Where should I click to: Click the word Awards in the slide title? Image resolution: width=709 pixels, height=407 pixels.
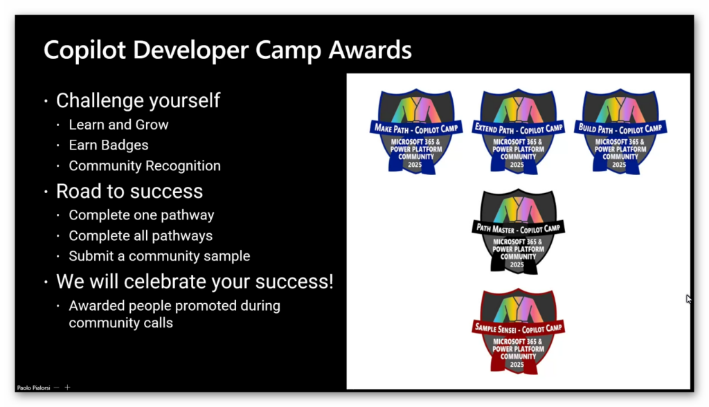click(x=370, y=50)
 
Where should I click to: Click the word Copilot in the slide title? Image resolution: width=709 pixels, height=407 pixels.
click(x=84, y=50)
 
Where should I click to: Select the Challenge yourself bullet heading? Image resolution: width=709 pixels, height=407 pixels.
click(x=138, y=100)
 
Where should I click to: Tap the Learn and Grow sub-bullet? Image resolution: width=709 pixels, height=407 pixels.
click(x=118, y=125)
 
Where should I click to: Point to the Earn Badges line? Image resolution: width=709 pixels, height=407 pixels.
click(x=109, y=145)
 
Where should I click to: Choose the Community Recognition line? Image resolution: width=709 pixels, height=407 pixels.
click(x=145, y=165)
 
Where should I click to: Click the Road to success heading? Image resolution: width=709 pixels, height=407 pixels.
click(x=129, y=191)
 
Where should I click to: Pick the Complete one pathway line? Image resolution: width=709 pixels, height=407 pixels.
click(x=141, y=215)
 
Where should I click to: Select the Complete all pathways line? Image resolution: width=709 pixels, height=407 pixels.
click(x=141, y=235)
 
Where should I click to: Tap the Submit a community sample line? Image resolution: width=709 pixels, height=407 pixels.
click(x=159, y=256)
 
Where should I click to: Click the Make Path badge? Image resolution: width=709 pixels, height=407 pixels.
click(x=416, y=131)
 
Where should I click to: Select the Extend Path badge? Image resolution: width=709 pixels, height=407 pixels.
click(x=518, y=131)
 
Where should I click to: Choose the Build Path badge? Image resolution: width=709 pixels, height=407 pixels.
click(x=620, y=131)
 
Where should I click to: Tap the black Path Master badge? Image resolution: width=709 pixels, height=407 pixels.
click(x=518, y=231)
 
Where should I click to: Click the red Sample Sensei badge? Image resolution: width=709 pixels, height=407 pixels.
click(x=518, y=331)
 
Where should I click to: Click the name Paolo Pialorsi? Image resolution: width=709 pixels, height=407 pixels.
click(x=33, y=388)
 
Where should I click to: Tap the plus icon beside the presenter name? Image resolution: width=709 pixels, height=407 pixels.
click(x=67, y=387)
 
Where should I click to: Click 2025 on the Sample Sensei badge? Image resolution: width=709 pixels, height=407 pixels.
click(x=517, y=365)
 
